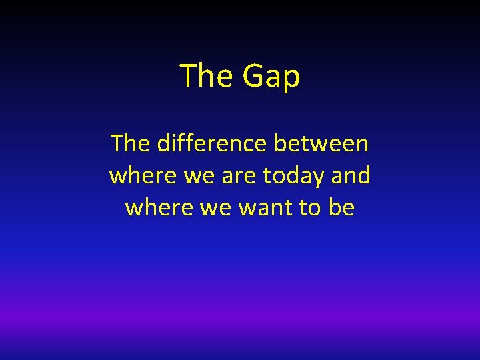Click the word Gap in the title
271,76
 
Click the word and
351,176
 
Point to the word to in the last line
309,208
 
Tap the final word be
341,208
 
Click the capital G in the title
254,75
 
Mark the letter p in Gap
292,79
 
